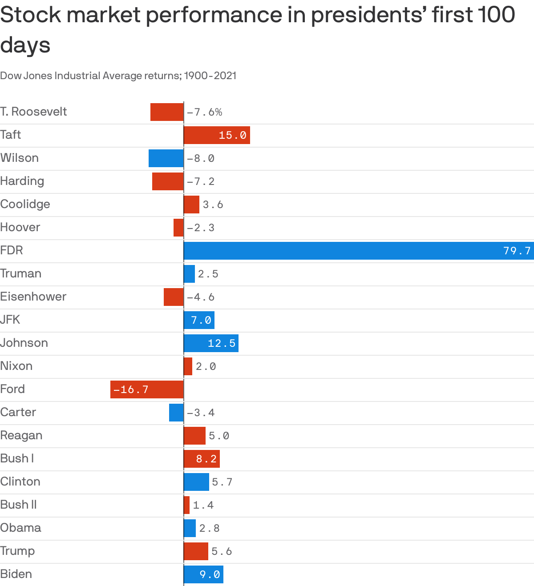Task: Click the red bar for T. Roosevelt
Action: (167, 112)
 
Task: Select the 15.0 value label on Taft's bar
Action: (232, 135)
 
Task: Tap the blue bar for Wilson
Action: (166, 158)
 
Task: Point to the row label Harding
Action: (22, 181)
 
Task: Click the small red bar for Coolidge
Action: (191, 205)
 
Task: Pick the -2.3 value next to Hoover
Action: (201, 228)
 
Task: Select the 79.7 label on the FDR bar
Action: (517, 251)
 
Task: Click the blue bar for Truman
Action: (189, 274)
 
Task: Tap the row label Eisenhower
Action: (33, 297)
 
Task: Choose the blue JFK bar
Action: (199, 320)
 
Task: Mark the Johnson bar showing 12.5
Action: (211, 343)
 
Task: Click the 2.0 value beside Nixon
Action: (206, 366)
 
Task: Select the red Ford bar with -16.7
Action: (147, 389)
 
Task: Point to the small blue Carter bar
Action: (176, 413)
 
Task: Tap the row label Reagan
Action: (21, 435)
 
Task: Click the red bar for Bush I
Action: (202, 459)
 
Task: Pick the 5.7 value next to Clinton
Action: (222, 482)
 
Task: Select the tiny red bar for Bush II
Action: (186, 505)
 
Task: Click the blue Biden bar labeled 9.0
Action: (203, 574)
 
